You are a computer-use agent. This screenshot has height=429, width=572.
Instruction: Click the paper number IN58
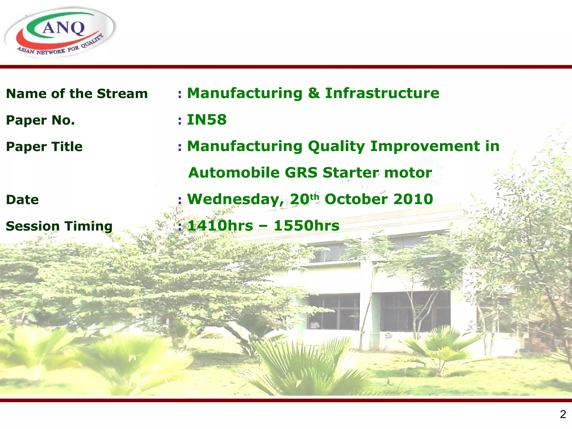(x=206, y=120)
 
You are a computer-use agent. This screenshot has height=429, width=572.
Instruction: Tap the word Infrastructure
(x=382, y=93)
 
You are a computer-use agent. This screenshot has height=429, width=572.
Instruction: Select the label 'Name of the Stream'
(x=77, y=94)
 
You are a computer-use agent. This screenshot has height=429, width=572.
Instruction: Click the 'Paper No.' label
(x=40, y=120)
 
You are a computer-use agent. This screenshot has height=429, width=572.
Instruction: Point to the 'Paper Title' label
(x=44, y=147)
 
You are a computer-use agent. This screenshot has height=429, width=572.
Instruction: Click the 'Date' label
(x=22, y=200)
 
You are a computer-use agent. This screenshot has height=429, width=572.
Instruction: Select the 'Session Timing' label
(x=59, y=226)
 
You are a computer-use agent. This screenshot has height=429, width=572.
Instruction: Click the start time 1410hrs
(x=220, y=226)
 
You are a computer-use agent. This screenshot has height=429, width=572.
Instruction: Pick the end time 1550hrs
(x=306, y=226)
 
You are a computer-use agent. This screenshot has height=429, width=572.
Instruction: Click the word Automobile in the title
(x=234, y=173)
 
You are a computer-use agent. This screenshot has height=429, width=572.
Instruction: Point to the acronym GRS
(x=301, y=173)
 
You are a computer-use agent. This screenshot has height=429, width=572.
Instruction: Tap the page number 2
(x=563, y=414)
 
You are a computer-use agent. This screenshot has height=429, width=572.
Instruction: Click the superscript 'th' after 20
(x=314, y=197)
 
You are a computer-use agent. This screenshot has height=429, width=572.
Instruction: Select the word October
(x=356, y=199)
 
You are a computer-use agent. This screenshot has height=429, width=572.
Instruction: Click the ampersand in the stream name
(x=314, y=93)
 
